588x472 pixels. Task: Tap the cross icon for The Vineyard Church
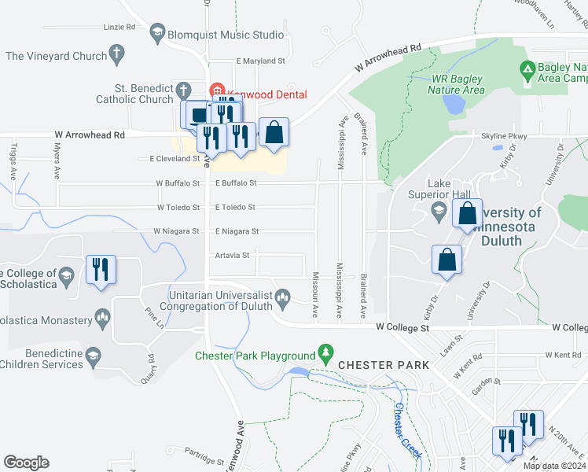(117, 55)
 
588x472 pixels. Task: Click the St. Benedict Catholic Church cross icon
(183, 90)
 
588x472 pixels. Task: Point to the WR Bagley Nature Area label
(458, 84)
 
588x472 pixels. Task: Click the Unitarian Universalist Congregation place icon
(284, 297)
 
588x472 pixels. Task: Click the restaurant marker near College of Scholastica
(101, 270)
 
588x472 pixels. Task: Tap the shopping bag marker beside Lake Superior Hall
(468, 213)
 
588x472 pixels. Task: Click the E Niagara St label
(237, 231)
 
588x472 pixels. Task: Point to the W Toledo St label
(178, 207)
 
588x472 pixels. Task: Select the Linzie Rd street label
(119, 27)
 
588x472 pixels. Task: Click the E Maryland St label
(260, 61)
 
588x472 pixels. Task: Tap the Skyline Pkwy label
(504, 137)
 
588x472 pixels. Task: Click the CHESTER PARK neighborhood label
(384, 366)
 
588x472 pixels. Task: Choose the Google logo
(26, 463)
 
